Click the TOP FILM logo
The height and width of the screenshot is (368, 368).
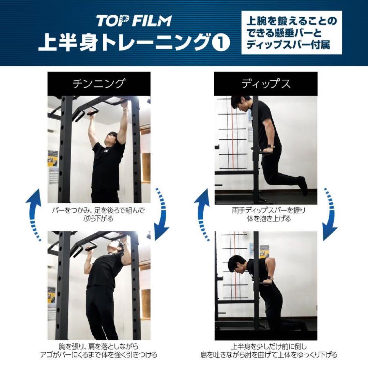134,21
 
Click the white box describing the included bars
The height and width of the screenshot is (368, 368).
291,33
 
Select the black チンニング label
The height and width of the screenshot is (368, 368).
99,83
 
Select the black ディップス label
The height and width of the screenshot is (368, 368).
266,83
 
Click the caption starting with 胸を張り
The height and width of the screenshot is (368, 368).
99,350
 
